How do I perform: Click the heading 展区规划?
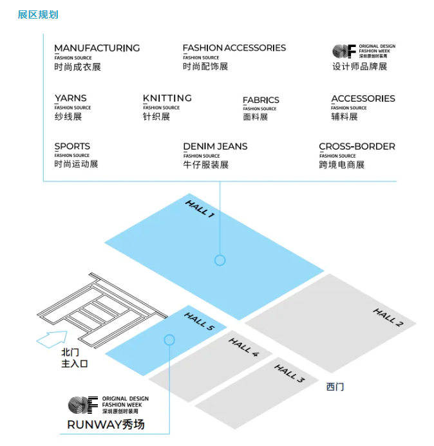38,14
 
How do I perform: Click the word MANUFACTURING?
97,48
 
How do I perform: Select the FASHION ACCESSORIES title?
234,48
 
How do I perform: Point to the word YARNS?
70,98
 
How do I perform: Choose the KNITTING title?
167,98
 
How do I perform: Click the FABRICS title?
261,100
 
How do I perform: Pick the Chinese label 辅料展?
344,117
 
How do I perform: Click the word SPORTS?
72,147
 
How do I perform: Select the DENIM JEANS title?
215,147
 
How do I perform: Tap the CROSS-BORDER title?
357,147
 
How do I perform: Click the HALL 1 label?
200,209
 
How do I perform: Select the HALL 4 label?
243,347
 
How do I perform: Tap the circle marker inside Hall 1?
220,260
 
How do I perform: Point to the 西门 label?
335,387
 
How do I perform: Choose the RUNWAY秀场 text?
106,425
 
